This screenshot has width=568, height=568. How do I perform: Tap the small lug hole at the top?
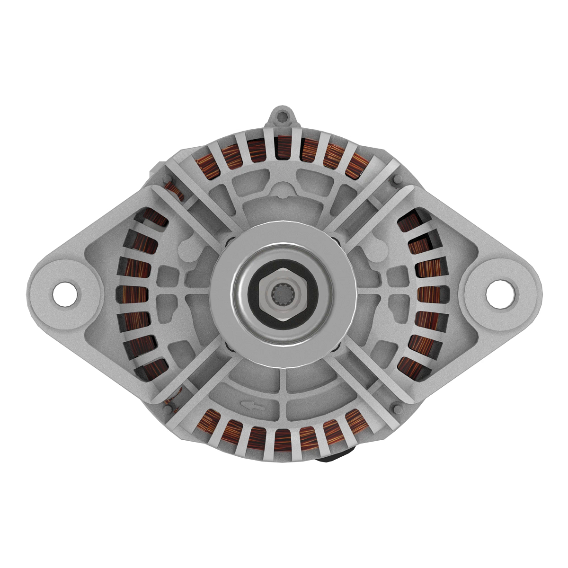[x=283, y=115]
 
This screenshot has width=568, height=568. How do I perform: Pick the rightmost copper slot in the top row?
[x=358, y=165]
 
